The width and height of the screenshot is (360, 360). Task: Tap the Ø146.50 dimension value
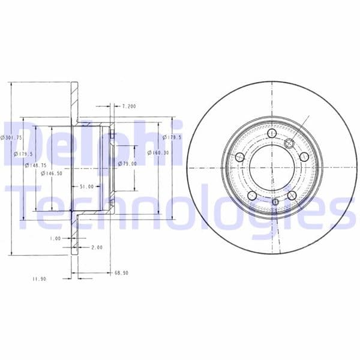click(x=52, y=173)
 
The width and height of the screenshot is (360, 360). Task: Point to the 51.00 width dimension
click(x=86, y=187)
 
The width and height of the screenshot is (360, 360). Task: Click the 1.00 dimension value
click(x=55, y=238)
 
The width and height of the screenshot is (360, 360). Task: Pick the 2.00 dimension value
click(x=97, y=247)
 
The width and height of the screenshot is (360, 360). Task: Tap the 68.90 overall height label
click(x=122, y=272)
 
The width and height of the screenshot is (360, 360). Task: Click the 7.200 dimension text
click(x=128, y=106)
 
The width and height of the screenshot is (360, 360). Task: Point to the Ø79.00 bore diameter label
click(x=127, y=163)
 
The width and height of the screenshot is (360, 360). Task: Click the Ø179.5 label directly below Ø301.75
click(x=23, y=154)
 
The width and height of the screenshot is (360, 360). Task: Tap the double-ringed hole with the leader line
click(x=289, y=143)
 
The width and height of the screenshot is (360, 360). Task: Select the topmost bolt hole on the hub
click(x=272, y=133)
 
